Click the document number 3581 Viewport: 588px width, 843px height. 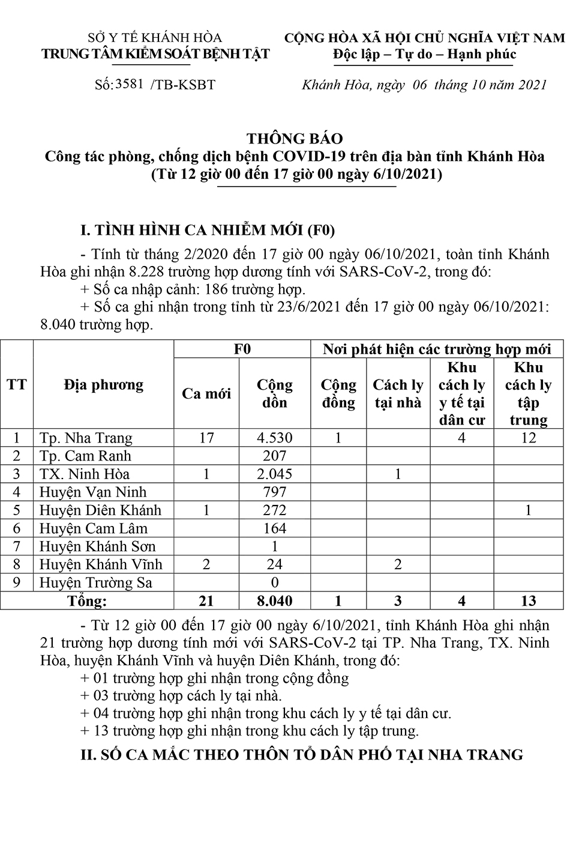pyautogui.click(x=129, y=84)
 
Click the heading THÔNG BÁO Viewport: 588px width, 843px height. pyautogui.click(x=295, y=139)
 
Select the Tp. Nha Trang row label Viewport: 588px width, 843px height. pyautogui.click(x=86, y=438)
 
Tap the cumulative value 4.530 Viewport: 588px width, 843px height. pyautogui.click(x=275, y=438)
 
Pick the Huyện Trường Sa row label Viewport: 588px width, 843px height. pyautogui.click(x=96, y=582)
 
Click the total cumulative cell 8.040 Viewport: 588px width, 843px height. pyautogui.click(x=275, y=600)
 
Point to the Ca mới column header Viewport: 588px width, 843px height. pyautogui.click(x=206, y=394)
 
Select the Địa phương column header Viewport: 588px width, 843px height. pyautogui.click(x=103, y=385)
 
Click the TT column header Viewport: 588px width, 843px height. pyautogui.click(x=17, y=385)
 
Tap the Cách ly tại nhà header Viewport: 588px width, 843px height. pyautogui.click(x=398, y=394)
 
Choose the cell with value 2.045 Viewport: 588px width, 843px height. pyautogui.click(x=275, y=474)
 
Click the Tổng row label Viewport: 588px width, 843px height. pyautogui.click(x=88, y=600)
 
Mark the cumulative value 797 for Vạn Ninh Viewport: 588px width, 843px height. pyautogui.click(x=275, y=492)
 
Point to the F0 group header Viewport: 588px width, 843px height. pyautogui.click(x=242, y=349)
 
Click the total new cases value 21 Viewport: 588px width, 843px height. pyautogui.click(x=206, y=600)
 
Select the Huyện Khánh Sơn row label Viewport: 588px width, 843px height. pyautogui.click(x=97, y=546)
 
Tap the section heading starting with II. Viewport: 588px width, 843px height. pyautogui.click(x=302, y=755)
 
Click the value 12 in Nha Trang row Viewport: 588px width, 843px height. pyautogui.click(x=528, y=438)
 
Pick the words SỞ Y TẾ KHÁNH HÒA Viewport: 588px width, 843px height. pyautogui.click(x=155, y=38)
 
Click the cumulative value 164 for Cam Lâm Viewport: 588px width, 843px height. pyautogui.click(x=275, y=528)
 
